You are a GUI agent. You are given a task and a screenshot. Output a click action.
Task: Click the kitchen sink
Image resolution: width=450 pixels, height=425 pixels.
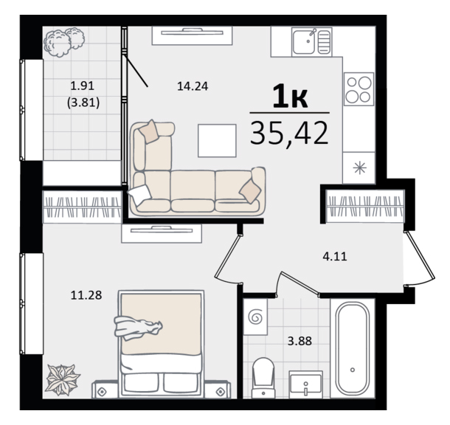(311, 42)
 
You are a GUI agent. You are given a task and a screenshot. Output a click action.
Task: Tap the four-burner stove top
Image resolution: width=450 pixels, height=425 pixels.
(359, 89)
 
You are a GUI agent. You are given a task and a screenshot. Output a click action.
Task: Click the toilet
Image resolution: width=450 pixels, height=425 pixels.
(263, 378)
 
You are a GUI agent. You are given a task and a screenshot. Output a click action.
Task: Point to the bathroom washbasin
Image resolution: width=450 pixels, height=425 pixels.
(305, 384)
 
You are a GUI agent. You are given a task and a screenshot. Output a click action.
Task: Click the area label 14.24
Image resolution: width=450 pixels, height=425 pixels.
(193, 86)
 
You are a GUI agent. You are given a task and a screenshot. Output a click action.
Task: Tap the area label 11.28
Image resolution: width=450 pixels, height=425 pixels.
(86, 295)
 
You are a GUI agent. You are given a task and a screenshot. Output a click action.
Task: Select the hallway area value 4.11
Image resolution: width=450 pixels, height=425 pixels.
(335, 256)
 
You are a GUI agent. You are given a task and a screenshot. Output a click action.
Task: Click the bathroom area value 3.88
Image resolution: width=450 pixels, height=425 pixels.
(300, 341)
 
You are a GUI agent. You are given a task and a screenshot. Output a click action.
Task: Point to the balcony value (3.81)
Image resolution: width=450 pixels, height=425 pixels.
(83, 103)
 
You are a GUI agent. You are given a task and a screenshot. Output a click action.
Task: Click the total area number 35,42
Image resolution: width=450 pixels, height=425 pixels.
(289, 133)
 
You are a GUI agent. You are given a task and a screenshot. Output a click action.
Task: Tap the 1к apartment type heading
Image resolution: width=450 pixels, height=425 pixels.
(290, 97)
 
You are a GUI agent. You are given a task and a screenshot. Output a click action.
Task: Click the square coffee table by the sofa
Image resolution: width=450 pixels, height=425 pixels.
(217, 141)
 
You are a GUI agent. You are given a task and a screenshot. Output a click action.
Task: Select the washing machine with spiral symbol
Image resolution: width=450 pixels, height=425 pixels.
(255, 317)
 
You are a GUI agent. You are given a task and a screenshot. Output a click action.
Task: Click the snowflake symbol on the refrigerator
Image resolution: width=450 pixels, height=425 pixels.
(359, 168)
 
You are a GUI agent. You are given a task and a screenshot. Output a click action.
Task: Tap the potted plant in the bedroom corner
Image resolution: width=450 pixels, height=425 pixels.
(63, 380)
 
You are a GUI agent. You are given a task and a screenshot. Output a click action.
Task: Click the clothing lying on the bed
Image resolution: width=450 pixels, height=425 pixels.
(138, 328)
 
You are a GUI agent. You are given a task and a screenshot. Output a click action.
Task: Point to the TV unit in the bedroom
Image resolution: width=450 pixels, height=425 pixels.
(162, 234)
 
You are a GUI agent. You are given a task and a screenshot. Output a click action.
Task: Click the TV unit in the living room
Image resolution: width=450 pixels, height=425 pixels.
(192, 35)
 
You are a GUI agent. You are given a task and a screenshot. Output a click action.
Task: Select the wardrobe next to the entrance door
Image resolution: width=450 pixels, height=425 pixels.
(365, 206)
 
